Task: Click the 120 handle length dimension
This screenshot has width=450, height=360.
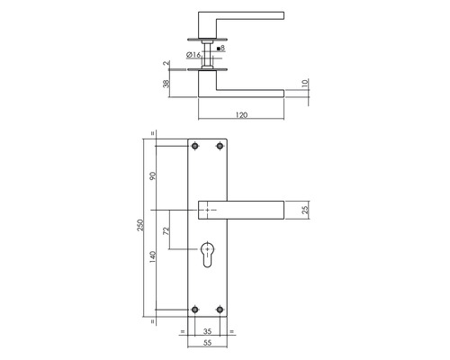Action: pos(240,115)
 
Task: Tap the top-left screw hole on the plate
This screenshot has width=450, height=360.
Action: pos(197,148)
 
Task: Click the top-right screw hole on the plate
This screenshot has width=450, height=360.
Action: pos(221,148)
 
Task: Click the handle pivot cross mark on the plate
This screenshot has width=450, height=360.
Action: pos(209,210)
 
